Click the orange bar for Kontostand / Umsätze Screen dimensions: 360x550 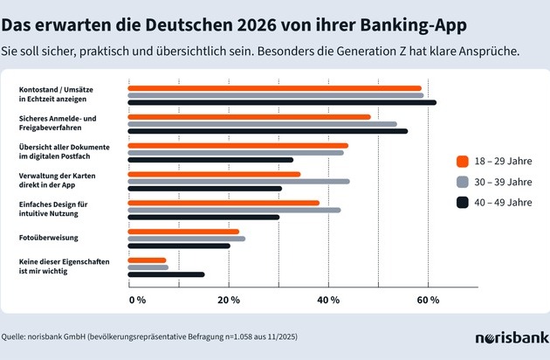pos(274,88)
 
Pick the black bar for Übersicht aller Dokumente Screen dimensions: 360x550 pos(210,160)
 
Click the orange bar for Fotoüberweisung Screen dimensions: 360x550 pos(183,232)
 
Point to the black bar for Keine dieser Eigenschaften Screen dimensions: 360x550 pos(166,274)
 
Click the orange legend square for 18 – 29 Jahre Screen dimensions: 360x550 pos(464,160)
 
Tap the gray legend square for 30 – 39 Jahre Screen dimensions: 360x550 pos(464,182)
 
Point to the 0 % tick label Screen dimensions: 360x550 pos(137,300)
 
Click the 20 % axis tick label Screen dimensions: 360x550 pos(229,300)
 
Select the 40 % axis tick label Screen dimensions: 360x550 pos(328,300)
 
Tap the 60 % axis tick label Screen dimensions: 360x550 pos(428,300)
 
